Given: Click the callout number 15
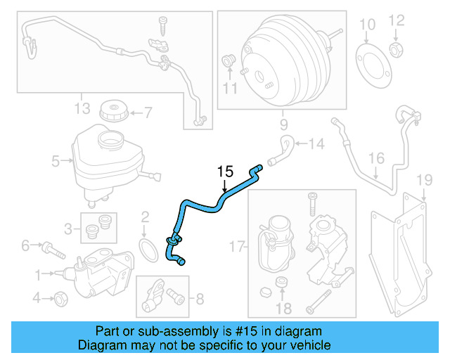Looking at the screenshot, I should coord(224,171).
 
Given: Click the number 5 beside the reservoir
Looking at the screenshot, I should coord(56,162).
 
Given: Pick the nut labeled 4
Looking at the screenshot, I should coord(60,297).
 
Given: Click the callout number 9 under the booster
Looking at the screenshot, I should coord(283,125).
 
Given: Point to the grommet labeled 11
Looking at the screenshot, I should coord(229,61).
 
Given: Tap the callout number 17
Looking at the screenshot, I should coord(237,247).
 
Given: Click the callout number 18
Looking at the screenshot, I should coord(283,308).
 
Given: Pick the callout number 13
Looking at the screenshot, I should coord(82,108).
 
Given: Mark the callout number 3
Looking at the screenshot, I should coord(69,229).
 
